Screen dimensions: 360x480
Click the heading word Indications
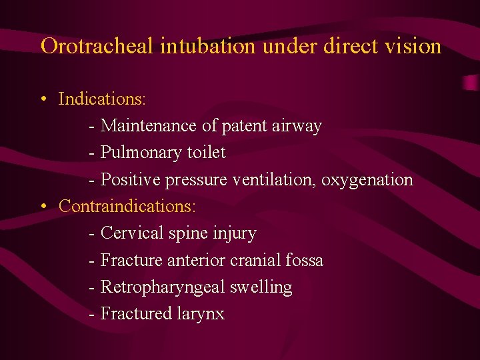point(102,99)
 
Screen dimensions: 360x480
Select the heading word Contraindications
point(127,206)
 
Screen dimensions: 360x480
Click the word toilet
point(205,153)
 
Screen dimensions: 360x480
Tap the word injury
point(235,233)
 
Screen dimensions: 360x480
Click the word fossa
point(305,260)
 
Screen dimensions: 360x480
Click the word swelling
point(261,287)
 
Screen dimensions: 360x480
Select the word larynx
point(201,314)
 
